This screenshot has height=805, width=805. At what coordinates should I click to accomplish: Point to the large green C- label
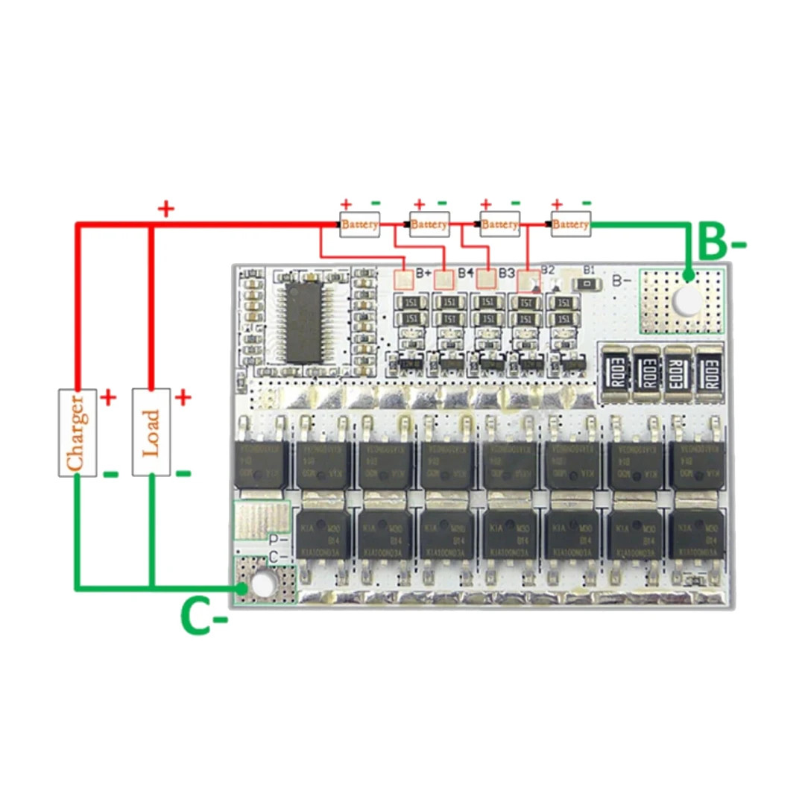[x=202, y=616]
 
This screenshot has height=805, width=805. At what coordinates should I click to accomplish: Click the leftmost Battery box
[x=360, y=224]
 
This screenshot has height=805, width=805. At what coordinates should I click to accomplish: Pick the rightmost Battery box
[x=571, y=224]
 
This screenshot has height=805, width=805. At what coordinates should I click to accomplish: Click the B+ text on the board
[x=424, y=273]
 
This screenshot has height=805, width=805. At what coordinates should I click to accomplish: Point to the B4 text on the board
[x=466, y=273]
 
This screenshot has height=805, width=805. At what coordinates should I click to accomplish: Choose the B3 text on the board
[x=508, y=273]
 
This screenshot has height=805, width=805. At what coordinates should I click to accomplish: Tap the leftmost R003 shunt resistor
[x=615, y=369]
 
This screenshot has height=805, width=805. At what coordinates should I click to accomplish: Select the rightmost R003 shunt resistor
[x=710, y=369]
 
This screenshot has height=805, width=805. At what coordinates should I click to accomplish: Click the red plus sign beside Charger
[x=109, y=397]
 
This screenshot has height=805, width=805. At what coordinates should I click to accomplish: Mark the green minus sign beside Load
[x=183, y=473]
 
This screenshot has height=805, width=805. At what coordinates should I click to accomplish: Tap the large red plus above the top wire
[x=165, y=209]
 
